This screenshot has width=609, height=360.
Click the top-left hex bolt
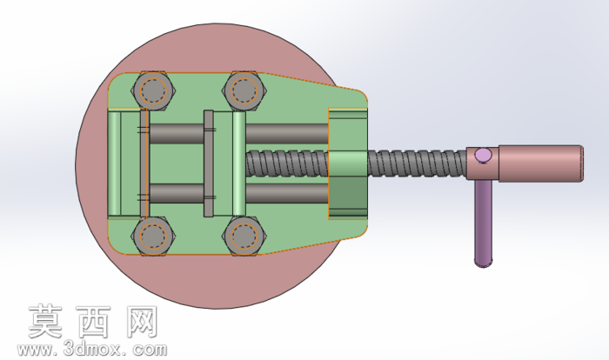pos(153,90)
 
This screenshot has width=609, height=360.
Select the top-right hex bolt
pos(244,90)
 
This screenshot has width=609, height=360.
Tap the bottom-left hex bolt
pos(153,237)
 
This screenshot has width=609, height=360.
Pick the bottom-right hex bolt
pos(244,237)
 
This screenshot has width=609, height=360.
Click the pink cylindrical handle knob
pos(540,163)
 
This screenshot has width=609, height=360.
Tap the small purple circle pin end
pos(483,156)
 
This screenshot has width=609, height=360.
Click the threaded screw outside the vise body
pos(417,163)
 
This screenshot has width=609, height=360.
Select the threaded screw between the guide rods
pos(287,163)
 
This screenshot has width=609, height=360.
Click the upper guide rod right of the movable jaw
pos(287,134)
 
